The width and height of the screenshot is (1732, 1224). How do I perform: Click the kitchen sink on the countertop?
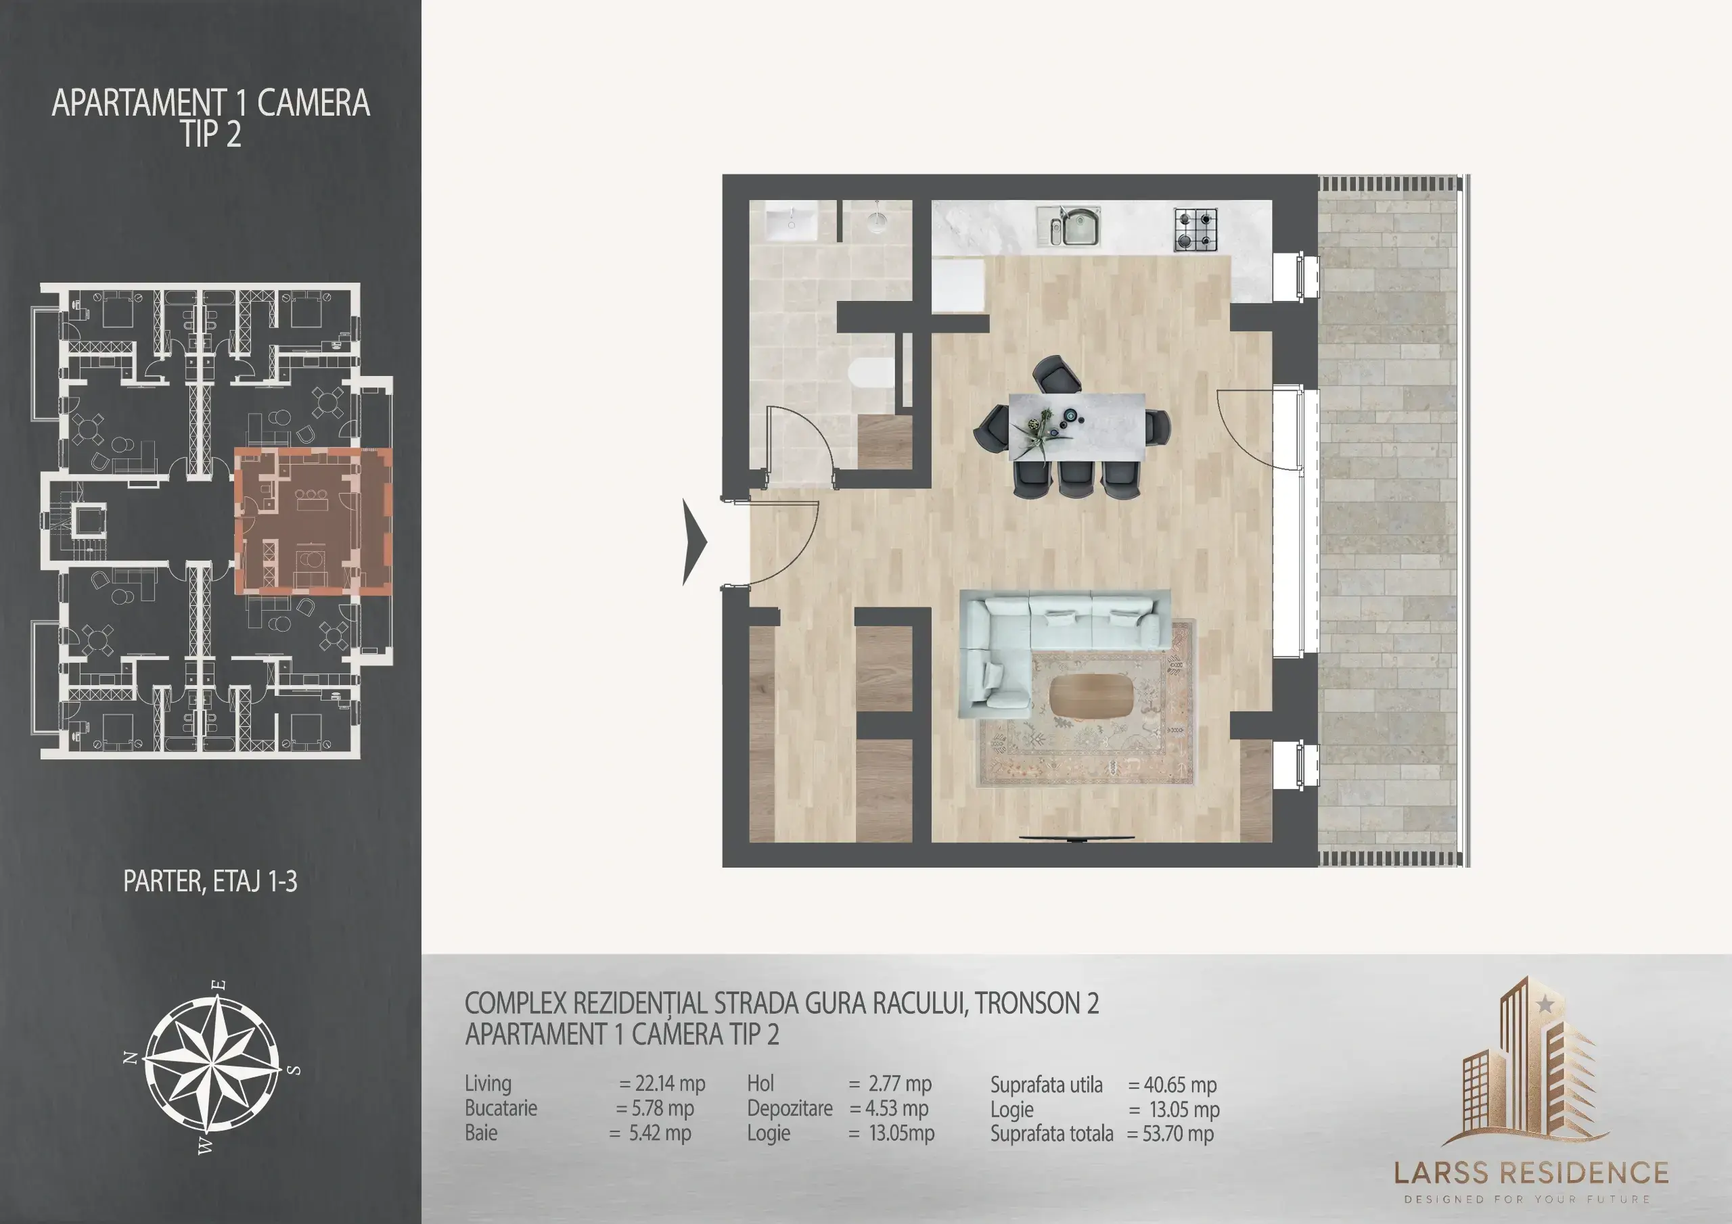point(1068,227)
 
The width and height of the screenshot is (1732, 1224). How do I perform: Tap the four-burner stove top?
point(1195,230)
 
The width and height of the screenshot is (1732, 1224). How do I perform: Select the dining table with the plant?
point(1077,426)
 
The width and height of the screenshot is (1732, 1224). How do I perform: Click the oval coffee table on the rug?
point(1091,695)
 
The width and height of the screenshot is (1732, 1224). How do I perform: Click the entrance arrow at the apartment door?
point(695,542)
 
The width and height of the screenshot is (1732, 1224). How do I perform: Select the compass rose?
point(212,1066)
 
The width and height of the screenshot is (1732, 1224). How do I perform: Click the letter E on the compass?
point(219,985)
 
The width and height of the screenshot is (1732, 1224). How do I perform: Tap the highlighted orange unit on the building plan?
point(313,522)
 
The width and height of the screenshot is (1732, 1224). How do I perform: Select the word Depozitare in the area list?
point(790,1108)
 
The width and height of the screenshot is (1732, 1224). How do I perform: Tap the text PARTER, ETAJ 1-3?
point(210,881)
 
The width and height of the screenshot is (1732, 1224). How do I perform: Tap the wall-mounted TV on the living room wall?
point(1077,838)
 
